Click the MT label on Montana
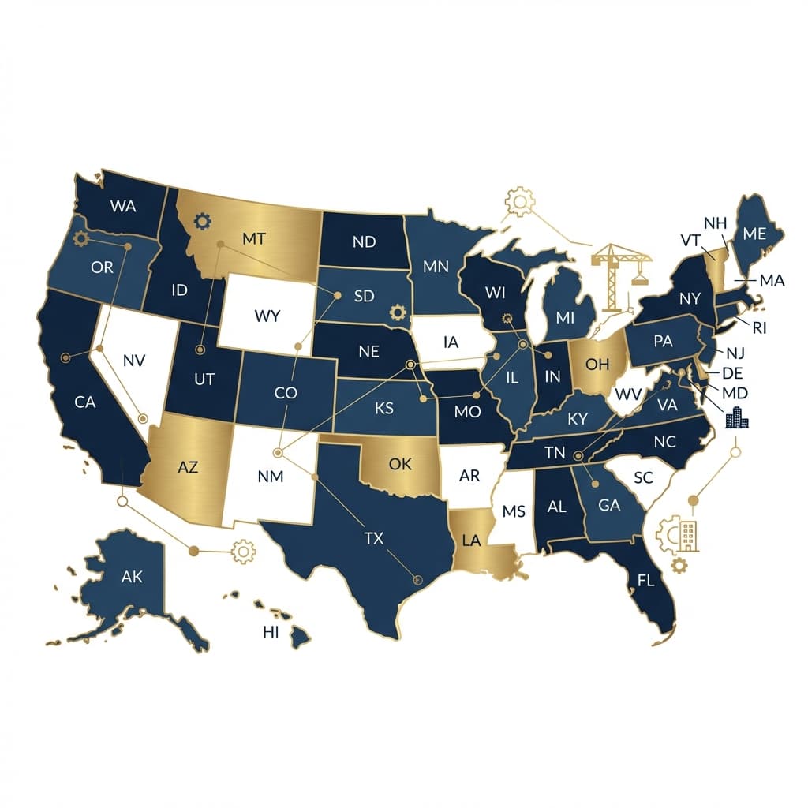254,239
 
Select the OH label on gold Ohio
598,364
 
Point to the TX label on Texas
373,539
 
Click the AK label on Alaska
133,577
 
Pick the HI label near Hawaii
271,631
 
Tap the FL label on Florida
646,582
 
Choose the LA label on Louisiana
471,541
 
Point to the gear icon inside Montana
203,222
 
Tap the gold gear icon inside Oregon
80,239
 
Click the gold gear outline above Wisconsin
519,202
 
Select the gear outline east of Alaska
243,552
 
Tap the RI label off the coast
759,327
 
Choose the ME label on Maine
755,234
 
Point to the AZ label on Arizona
188,467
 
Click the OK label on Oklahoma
400,464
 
